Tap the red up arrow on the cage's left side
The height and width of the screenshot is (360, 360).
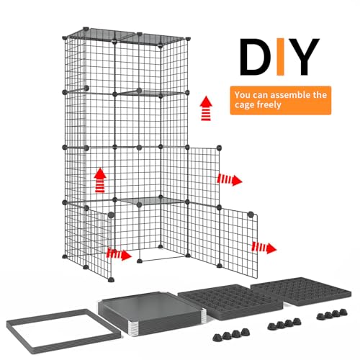[100, 179]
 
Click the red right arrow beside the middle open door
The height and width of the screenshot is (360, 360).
[230, 179]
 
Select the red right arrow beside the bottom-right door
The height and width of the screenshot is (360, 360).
[264, 247]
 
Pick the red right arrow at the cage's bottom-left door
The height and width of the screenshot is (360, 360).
[119, 253]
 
